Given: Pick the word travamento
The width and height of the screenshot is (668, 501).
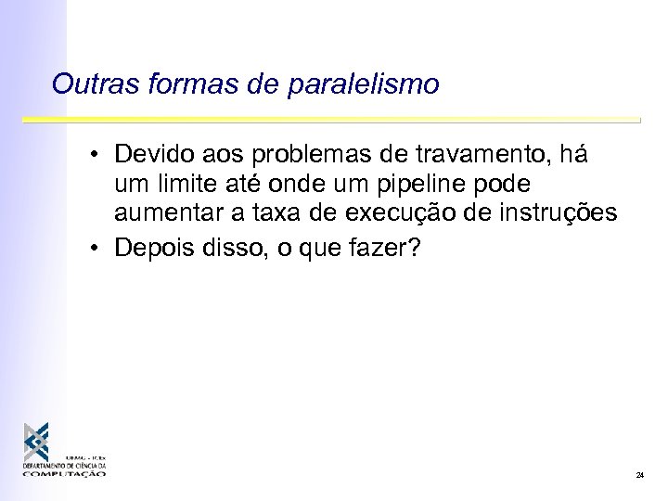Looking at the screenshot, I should (490, 151).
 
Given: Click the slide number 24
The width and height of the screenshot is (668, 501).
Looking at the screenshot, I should (639, 475).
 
